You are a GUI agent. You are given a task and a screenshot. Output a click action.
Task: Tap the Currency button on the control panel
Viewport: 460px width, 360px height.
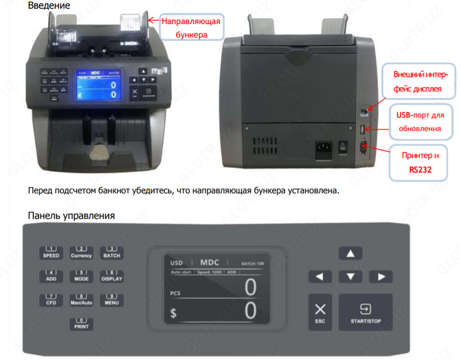[81, 253]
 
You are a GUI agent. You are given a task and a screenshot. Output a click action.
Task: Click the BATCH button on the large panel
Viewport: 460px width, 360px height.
[111, 253]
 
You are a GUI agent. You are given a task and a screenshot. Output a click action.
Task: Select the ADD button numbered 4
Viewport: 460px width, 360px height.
[51, 275]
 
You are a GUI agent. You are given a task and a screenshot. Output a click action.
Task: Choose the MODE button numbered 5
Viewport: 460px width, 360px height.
[81, 275]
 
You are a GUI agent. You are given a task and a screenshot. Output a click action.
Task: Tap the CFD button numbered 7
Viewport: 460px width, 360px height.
[51, 300]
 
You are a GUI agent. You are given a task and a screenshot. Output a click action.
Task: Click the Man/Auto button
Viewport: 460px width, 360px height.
[81, 300]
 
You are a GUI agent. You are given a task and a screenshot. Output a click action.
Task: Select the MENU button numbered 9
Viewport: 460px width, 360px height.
[111, 300]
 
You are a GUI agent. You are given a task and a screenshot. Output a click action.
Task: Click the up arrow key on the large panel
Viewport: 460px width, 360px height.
[350, 253]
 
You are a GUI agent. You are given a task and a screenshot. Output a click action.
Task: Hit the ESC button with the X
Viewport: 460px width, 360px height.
[320, 312]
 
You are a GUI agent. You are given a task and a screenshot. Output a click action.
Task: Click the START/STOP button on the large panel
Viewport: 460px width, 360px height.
[365, 312]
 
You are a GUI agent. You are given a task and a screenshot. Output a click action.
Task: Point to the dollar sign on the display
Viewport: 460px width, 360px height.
[174, 314]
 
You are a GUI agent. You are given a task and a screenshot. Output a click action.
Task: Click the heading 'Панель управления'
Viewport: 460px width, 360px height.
[71, 216]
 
